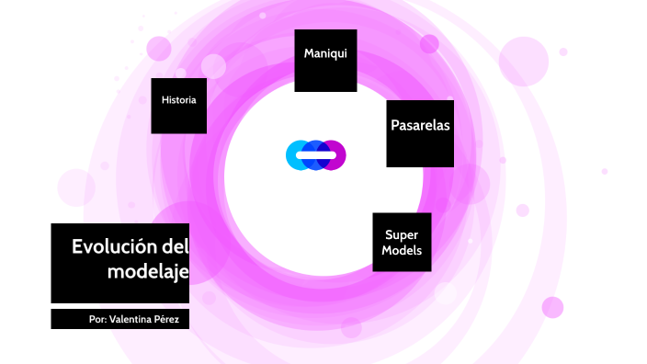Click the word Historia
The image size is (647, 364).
pyautogui.click(x=178, y=99)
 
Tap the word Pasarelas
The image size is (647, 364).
pyautogui.click(x=420, y=126)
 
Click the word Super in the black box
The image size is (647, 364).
pyautogui.click(x=402, y=234)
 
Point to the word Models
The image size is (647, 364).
pyautogui.click(x=402, y=250)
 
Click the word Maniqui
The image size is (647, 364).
pyautogui.click(x=325, y=53)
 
